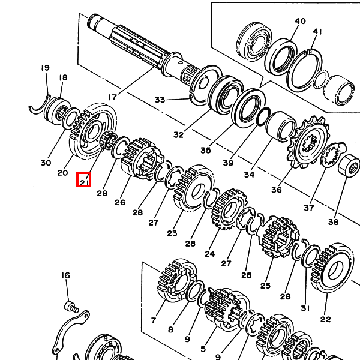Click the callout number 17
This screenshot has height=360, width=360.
(x=112, y=96)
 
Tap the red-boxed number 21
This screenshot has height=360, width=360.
(x=83, y=179)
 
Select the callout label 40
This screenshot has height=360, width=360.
(x=300, y=21)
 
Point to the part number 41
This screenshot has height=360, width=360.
(x=317, y=32)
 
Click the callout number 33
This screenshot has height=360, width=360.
(x=160, y=100)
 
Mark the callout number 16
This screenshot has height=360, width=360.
(x=65, y=275)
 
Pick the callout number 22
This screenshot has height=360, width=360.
(x=326, y=319)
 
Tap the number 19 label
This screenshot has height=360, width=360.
(x=45, y=68)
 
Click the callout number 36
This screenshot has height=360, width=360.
(x=276, y=190)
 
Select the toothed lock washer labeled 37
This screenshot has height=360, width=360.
(x=329, y=157)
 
